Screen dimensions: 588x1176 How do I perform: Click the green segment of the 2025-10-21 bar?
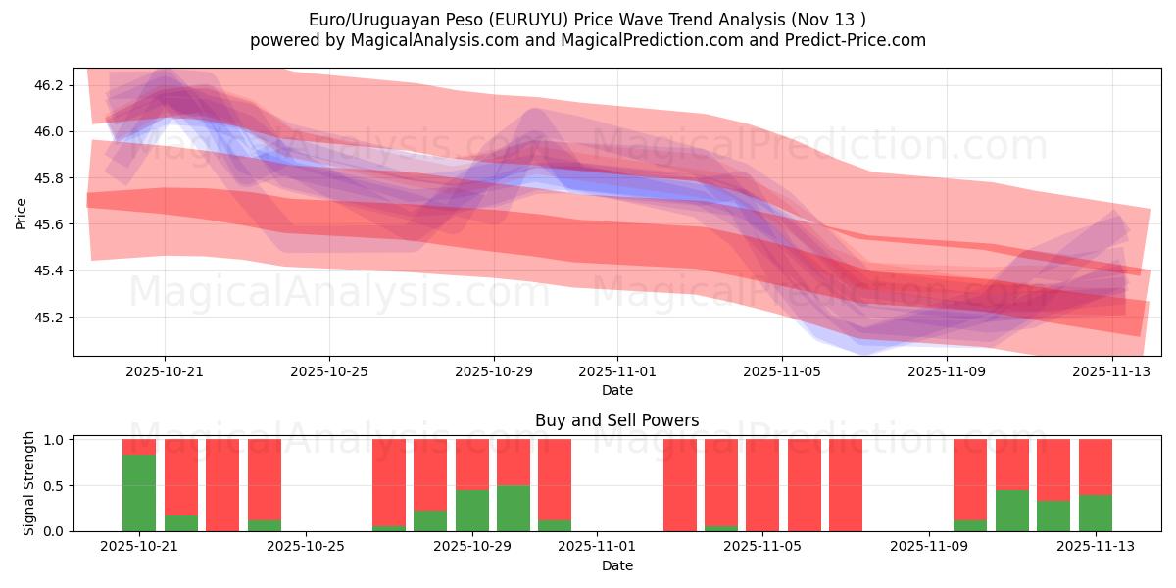coord(139,493)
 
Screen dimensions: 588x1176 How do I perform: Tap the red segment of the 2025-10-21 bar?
coord(139,447)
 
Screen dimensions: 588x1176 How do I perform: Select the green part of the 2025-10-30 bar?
coord(514,508)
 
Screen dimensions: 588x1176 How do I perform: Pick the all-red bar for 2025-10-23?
coord(222,485)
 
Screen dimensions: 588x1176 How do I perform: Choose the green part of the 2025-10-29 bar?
coord(472,511)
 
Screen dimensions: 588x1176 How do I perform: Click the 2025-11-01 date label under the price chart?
coord(617,371)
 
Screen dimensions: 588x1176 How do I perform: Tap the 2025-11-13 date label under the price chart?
coord(1112,371)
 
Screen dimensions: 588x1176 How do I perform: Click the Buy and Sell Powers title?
coord(617,420)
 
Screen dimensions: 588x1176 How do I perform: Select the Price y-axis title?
coord(22,212)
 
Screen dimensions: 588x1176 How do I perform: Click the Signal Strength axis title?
coord(29,483)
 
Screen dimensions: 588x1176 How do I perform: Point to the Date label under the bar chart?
coord(617,565)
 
